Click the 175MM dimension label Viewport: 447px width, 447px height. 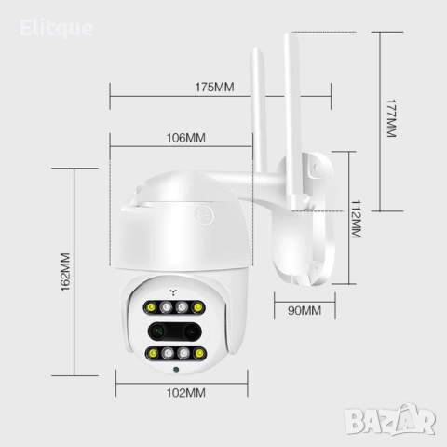pyautogui.click(x=214, y=87)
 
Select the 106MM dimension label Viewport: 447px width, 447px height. pyautogui.click(x=186, y=138)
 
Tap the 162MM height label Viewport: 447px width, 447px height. pyautogui.click(x=65, y=272)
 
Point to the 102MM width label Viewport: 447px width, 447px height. pyautogui.click(x=186, y=393)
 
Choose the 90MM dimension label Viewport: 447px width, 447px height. pyautogui.click(x=305, y=311)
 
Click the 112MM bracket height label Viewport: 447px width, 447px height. pyautogui.click(x=356, y=219)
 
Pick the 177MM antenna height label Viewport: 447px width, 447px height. pyautogui.click(x=391, y=118)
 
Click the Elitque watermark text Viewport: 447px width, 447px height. pyautogui.click(x=56, y=28)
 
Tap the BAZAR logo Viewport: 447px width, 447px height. pyautogui.click(x=390, y=420)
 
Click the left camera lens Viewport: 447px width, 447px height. pyautogui.click(x=158, y=332)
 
